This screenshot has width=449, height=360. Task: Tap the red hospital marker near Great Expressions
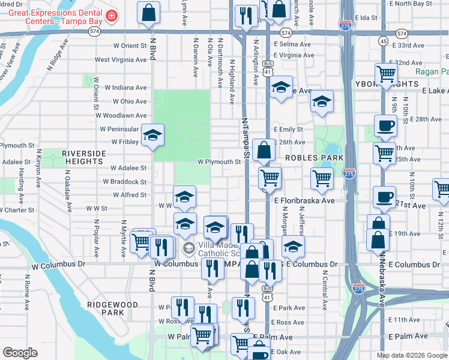pos(111,16)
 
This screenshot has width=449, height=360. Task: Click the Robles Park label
pos(314,157)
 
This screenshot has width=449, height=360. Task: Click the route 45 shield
pos(383,41)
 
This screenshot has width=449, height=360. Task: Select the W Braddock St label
pos(125,182)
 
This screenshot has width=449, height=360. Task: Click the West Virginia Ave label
pos(120,59)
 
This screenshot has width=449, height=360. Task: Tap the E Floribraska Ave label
pos(304,201)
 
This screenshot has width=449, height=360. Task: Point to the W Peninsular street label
pos(120,129)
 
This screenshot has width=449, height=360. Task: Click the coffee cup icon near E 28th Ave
pos(385,125)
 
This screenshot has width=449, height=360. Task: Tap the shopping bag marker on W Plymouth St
pos(264,150)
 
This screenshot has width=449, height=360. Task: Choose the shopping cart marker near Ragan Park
pos(386,74)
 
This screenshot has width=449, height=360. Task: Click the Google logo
pos(20,353)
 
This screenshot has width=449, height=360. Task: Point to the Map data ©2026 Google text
pos(411,355)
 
